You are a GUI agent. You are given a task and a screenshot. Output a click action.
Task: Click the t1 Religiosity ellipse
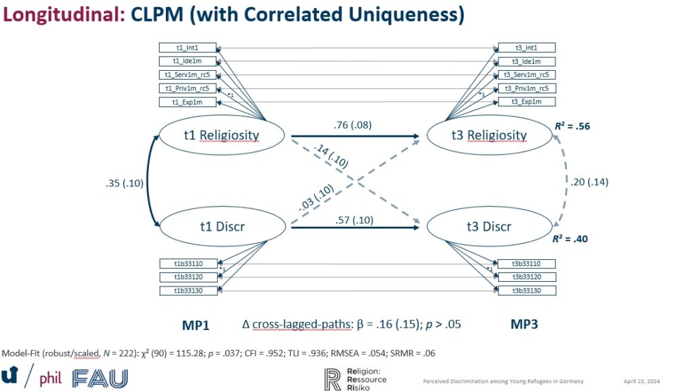[x=221, y=135]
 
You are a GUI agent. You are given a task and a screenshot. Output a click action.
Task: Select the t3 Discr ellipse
[x=488, y=227]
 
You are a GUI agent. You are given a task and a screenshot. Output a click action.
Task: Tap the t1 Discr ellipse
[x=221, y=227]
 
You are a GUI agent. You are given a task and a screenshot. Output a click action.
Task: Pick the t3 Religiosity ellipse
[x=489, y=135]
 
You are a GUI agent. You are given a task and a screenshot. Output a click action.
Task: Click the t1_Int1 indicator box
[x=188, y=48]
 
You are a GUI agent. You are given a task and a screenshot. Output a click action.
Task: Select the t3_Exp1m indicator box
[x=526, y=101]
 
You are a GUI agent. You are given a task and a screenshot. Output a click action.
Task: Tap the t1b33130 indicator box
[x=188, y=291]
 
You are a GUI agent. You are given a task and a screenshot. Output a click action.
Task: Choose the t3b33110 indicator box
[x=526, y=264]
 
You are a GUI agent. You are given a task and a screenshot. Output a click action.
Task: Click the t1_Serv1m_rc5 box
[x=188, y=75]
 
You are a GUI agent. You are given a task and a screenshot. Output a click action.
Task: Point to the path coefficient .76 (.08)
[x=352, y=125]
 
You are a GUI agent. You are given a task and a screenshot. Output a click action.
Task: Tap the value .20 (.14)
[x=589, y=181]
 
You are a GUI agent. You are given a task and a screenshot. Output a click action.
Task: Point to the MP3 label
[x=524, y=325]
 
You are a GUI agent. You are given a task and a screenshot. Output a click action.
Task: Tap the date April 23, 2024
[x=640, y=381]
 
